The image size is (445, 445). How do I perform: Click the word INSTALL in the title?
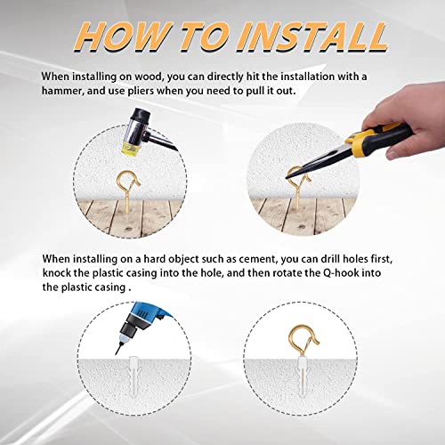point(311,37)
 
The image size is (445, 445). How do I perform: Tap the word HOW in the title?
point(123,37)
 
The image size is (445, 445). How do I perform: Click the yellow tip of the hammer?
point(131,150)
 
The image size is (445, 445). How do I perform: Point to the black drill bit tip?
point(118,349)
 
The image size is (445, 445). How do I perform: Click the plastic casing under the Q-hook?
point(302,376)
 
